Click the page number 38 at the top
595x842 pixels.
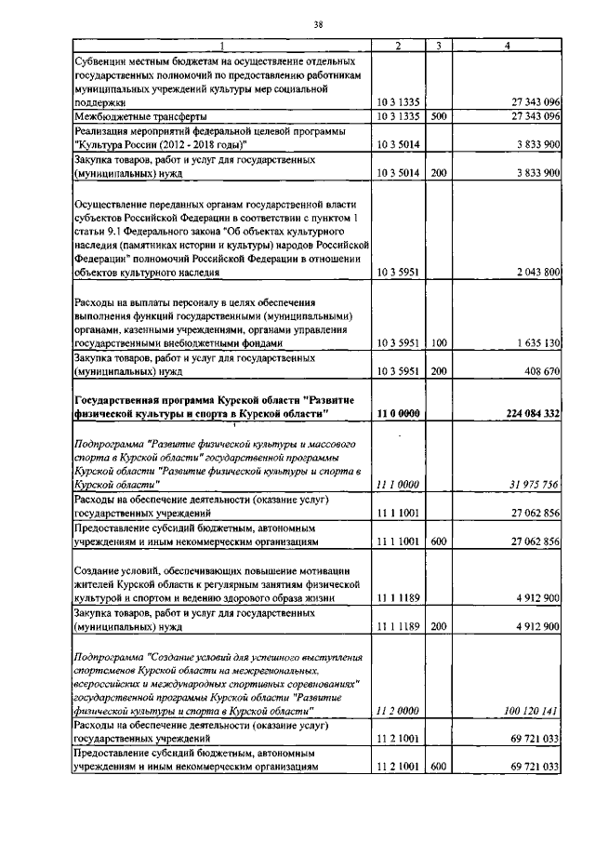pyautogui.click(x=318, y=24)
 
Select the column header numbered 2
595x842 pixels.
pyautogui.click(x=398, y=46)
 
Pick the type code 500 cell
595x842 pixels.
pyautogui.click(x=440, y=116)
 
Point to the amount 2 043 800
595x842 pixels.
pyautogui.click(x=534, y=273)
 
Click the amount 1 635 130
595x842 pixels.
pyautogui.click(x=534, y=343)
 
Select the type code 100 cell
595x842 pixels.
pyautogui.click(x=440, y=343)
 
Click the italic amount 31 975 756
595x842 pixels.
pyautogui.click(x=531, y=484)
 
